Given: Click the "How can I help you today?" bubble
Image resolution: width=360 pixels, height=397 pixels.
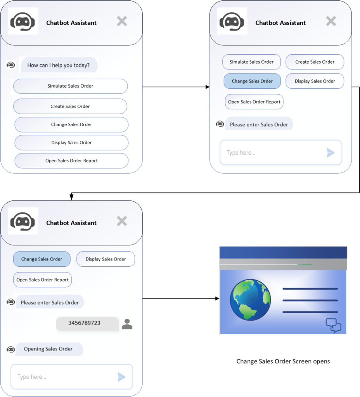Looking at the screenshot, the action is pos(59,65).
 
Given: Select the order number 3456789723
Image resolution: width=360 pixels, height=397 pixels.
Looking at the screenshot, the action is pos(84,323).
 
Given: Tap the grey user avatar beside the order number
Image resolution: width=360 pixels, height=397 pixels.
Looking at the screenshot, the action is pos(127,324).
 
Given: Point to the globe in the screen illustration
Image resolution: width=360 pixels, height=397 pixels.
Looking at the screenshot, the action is pos(250,300).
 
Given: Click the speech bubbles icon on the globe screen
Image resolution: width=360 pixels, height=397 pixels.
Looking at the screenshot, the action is pos(333,325).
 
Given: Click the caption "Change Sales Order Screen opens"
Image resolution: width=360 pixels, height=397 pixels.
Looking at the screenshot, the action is pos(283,361).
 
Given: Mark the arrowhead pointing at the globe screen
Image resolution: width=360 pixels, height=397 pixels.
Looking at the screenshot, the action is pos(217,299).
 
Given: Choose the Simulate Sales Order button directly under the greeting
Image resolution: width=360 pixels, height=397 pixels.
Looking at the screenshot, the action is pos(71,86).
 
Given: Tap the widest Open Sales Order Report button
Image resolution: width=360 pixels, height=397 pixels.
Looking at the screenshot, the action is pos(71,161).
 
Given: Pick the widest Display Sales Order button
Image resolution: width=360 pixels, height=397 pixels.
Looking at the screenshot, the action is pos(71,143).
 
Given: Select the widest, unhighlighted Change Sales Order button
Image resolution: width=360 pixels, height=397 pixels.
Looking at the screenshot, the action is pos(71,124).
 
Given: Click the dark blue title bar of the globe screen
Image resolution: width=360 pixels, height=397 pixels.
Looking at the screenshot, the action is pos(283,252).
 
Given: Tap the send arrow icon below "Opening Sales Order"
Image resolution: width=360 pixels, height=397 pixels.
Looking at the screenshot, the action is pos(121,377).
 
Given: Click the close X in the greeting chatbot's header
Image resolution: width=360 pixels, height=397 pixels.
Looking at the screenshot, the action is pos(122,21).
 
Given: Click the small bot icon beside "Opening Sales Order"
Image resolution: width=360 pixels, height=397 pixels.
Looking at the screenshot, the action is pos(10,349).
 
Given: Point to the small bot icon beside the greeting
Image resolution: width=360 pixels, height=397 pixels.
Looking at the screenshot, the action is pos(10,65).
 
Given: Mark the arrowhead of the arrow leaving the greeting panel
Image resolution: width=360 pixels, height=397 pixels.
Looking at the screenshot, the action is pos(208,87).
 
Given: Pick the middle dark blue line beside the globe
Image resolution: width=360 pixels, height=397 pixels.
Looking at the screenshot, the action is pos(310,300).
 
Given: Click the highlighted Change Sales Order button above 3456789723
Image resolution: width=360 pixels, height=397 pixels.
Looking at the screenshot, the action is pos(42,259).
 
